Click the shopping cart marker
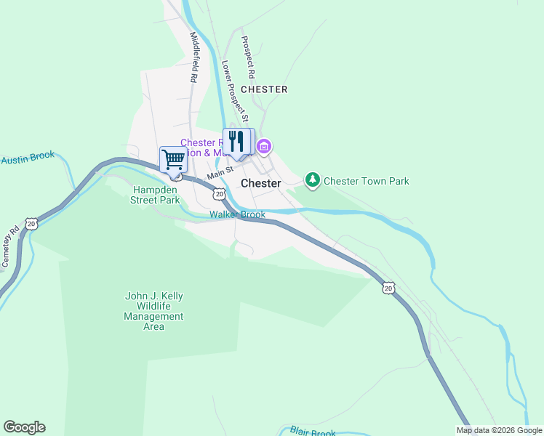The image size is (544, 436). (x=173, y=159)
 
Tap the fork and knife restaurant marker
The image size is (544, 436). (x=236, y=141)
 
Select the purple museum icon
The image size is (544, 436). (x=263, y=148)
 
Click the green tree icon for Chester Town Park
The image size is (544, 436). (x=312, y=179)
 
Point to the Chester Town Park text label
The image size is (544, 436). (x=366, y=181)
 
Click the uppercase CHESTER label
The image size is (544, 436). (x=264, y=89)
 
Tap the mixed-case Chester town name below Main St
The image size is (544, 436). (x=260, y=183)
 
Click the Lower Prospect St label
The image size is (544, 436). (x=235, y=91)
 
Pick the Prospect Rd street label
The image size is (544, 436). (x=248, y=57)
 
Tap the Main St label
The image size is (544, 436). (x=219, y=174)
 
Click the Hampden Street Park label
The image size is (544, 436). (x=155, y=195)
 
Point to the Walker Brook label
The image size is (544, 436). (x=232, y=214)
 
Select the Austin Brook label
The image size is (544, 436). (x=28, y=158)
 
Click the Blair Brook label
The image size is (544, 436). (x=313, y=432)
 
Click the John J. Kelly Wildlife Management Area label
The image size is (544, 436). (x=153, y=311)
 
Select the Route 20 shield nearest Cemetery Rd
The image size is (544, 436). (x=31, y=224)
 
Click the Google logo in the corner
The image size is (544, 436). (x=24, y=427)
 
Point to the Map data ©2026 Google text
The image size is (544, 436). (x=499, y=430)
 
